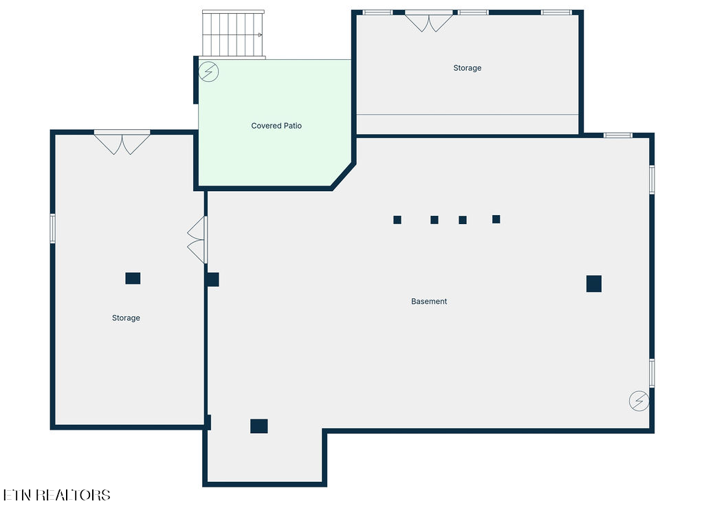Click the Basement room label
pos(429,301)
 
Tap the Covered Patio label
pos(276,126)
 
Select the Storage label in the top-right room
pos(467,68)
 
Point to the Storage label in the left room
pos(126,318)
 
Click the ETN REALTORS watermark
pos(56,495)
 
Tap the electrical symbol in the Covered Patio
pos(208,71)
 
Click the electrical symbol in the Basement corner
pos(639,401)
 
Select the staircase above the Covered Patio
pos(233,34)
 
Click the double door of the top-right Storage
pos(429,21)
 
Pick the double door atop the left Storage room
pos(122,143)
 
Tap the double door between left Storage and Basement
pos(197,240)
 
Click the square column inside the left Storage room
pos(133,278)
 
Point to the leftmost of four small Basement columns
pos(397,219)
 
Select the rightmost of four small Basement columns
pos(496,219)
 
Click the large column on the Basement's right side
pos(594,284)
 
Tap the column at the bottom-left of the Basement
pos(259,426)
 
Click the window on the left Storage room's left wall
pos(52,228)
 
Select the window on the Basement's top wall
pos(618,135)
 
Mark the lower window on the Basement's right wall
pos(652,373)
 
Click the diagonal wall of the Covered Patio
pos(344,176)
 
